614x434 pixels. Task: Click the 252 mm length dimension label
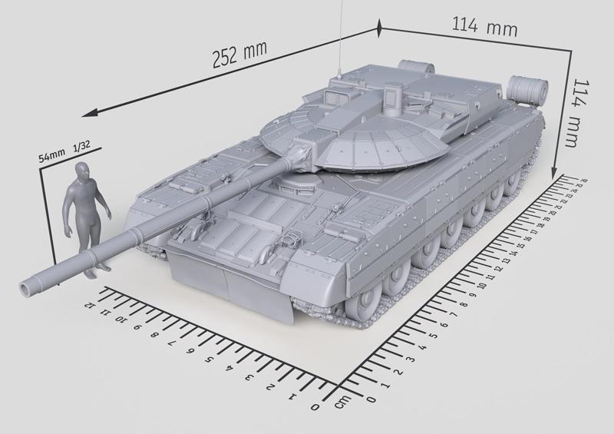tap(241, 56)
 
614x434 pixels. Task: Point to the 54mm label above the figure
tap(52, 156)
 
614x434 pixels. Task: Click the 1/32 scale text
tap(81, 146)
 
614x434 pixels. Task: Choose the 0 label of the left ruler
tap(315, 406)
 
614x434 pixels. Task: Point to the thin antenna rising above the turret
tap(338, 38)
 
